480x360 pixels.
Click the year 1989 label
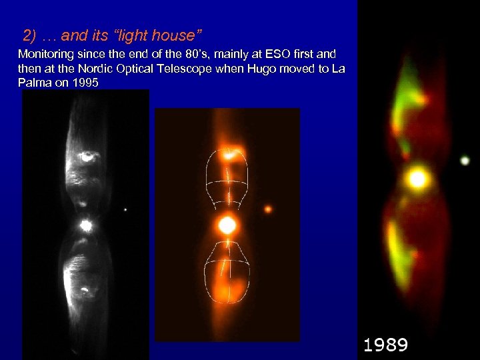tap(385, 345)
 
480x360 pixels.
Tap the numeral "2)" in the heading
tap(31, 34)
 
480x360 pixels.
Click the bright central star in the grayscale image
tap(85, 225)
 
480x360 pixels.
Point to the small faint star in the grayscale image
tap(125, 211)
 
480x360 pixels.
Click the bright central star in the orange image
tap(227, 225)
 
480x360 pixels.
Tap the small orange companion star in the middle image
tap(268, 209)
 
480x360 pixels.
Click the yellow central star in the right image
tap(417, 179)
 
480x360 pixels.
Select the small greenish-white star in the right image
tap(465, 161)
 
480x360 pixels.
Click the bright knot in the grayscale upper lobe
tap(87, 157)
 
